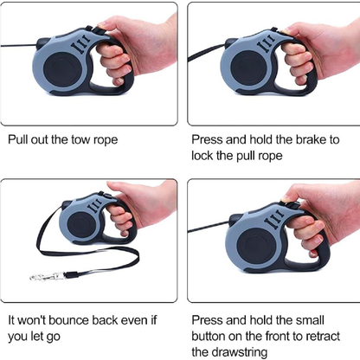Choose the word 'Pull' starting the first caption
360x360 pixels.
tap(17, 139)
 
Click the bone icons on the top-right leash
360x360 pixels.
tap(267, 43)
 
